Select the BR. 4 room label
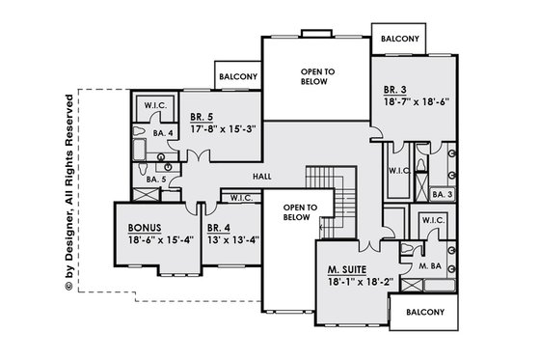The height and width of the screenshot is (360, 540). click(217, 228)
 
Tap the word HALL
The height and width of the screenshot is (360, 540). click(262, 177)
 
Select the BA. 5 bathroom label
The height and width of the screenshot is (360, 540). click(141, 179)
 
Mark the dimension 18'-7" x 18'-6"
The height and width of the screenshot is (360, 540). click(418, 99)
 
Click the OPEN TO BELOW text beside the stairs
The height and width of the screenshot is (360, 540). click(295, 212)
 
